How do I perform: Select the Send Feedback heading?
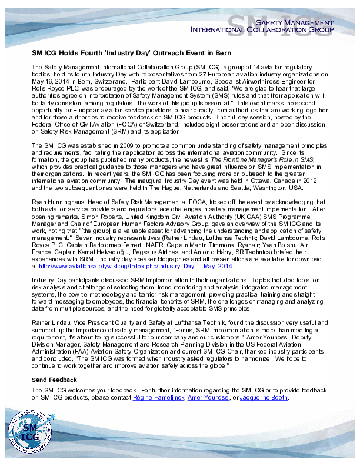(54, 380)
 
